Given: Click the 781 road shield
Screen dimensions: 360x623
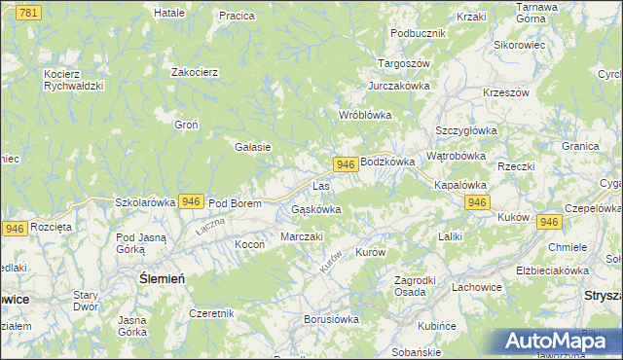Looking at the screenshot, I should (x=30, y=12).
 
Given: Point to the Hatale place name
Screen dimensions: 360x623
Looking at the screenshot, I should (x=169, y=13).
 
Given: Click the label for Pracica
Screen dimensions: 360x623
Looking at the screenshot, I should (x=237, y=16).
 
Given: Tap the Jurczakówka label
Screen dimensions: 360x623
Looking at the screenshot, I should (x=398, y=86).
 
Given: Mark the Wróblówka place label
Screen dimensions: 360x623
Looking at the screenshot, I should (x=364, y=115).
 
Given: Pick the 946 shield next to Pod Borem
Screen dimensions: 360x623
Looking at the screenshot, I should (x=191, y=201).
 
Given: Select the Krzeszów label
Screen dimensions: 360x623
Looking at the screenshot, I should (x=505, y=92).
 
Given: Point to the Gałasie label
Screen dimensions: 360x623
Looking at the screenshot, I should (x=252, y=147).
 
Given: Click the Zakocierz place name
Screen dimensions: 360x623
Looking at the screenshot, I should (x=194, y=72).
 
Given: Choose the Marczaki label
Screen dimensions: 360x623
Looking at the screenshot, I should (x=301, y=236).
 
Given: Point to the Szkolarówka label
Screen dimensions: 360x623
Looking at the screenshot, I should (x=145, y=202).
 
